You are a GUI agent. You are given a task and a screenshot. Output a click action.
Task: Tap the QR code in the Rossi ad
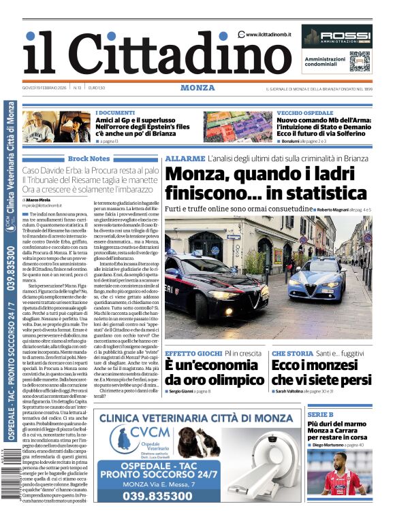tap(359, 61)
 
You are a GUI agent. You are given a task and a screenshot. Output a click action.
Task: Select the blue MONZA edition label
tap(197, 88)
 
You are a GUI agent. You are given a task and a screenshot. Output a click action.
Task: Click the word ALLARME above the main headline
tap(185, 158)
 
